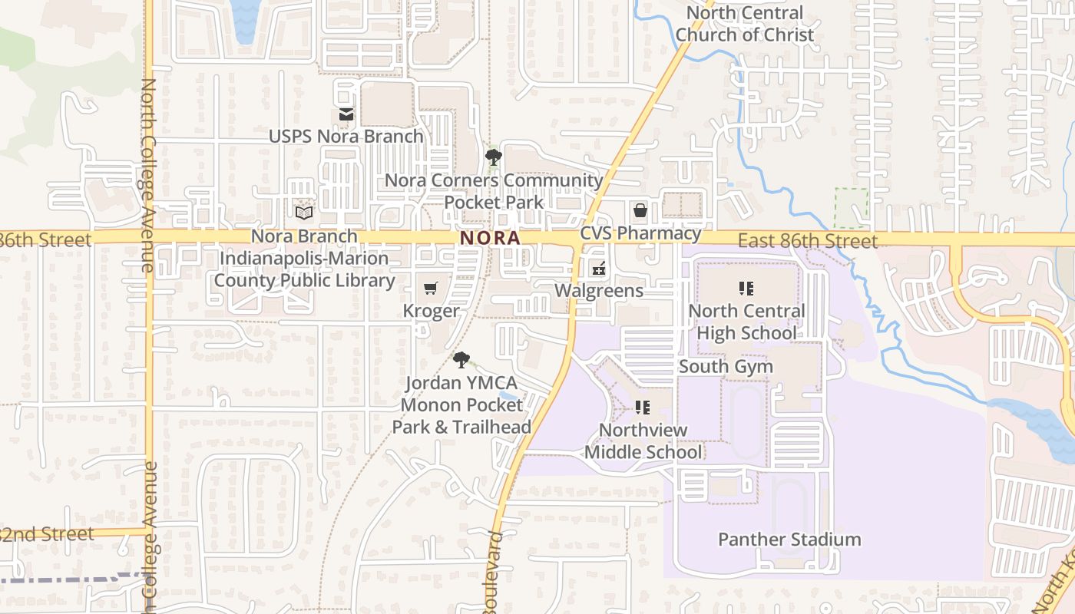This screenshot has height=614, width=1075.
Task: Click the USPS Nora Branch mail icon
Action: [346, 114]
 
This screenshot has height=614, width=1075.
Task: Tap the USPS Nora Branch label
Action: [346, 137]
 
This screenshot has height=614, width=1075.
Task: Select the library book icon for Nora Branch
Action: [304, 212]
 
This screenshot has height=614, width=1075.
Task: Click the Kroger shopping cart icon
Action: [431, 288]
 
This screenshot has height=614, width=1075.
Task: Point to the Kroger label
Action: [431, 311]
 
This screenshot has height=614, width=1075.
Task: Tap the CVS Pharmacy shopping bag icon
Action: [640, 210]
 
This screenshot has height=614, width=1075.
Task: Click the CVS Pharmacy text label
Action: [640, 233]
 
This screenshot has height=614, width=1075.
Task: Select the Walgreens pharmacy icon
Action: [598, 269]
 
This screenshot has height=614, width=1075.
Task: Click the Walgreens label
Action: [599, 291]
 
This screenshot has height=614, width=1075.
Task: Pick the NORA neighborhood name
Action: [490, 239]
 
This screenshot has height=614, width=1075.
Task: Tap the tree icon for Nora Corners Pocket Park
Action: [494, 157]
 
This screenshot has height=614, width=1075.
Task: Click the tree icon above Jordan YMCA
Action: [461, 359]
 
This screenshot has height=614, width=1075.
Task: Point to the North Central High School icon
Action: [746, 289]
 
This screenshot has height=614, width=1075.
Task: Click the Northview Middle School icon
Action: [643, 407]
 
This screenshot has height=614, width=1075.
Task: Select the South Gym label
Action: [726, 366]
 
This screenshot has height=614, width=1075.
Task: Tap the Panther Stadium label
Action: [789, 540]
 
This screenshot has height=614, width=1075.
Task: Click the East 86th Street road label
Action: [807, 242]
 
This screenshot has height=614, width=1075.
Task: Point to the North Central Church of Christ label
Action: [744, 24]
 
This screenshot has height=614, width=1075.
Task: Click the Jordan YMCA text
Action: [461, 383]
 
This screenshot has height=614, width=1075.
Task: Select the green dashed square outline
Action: [852, 208]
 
